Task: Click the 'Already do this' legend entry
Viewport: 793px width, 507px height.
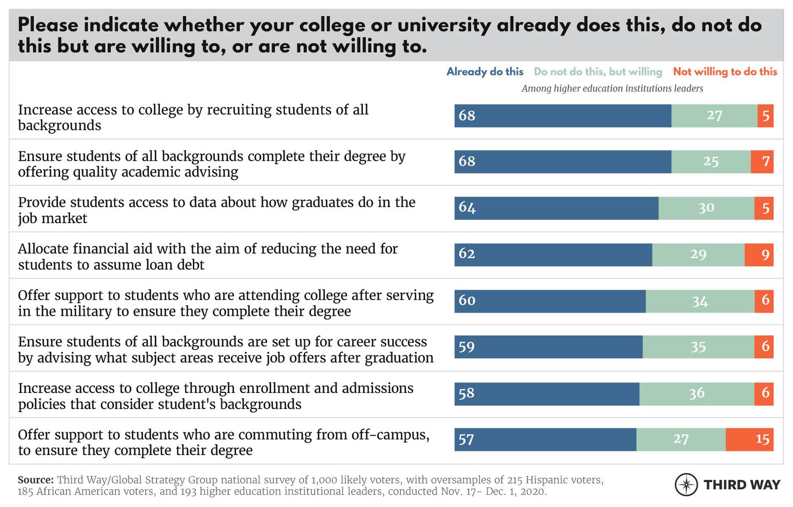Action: [484, 72]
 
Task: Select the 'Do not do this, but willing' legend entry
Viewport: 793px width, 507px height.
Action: [597, 72]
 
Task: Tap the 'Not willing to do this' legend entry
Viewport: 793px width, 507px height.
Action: [724, 72]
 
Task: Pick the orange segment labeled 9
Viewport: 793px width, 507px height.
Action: [759, 254]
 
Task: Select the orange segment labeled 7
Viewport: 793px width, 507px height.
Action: [761, 162]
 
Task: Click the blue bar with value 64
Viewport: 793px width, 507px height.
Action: [556, 208]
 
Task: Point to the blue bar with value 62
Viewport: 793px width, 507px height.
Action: [553, 254]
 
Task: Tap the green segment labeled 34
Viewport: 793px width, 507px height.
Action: [700, 301]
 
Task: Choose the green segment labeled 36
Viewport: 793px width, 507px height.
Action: [697, 394]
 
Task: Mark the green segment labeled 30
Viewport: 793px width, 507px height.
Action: [706, 208]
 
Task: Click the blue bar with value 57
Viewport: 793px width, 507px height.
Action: [545, 440]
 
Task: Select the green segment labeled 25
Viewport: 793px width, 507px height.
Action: [710, 162]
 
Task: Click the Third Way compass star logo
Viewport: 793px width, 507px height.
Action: [686, 485]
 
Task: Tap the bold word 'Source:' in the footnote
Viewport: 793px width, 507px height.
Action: [35, 480]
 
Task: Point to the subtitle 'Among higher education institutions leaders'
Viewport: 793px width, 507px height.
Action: [612, 88]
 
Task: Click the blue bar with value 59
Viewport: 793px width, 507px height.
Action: [548, 347]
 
